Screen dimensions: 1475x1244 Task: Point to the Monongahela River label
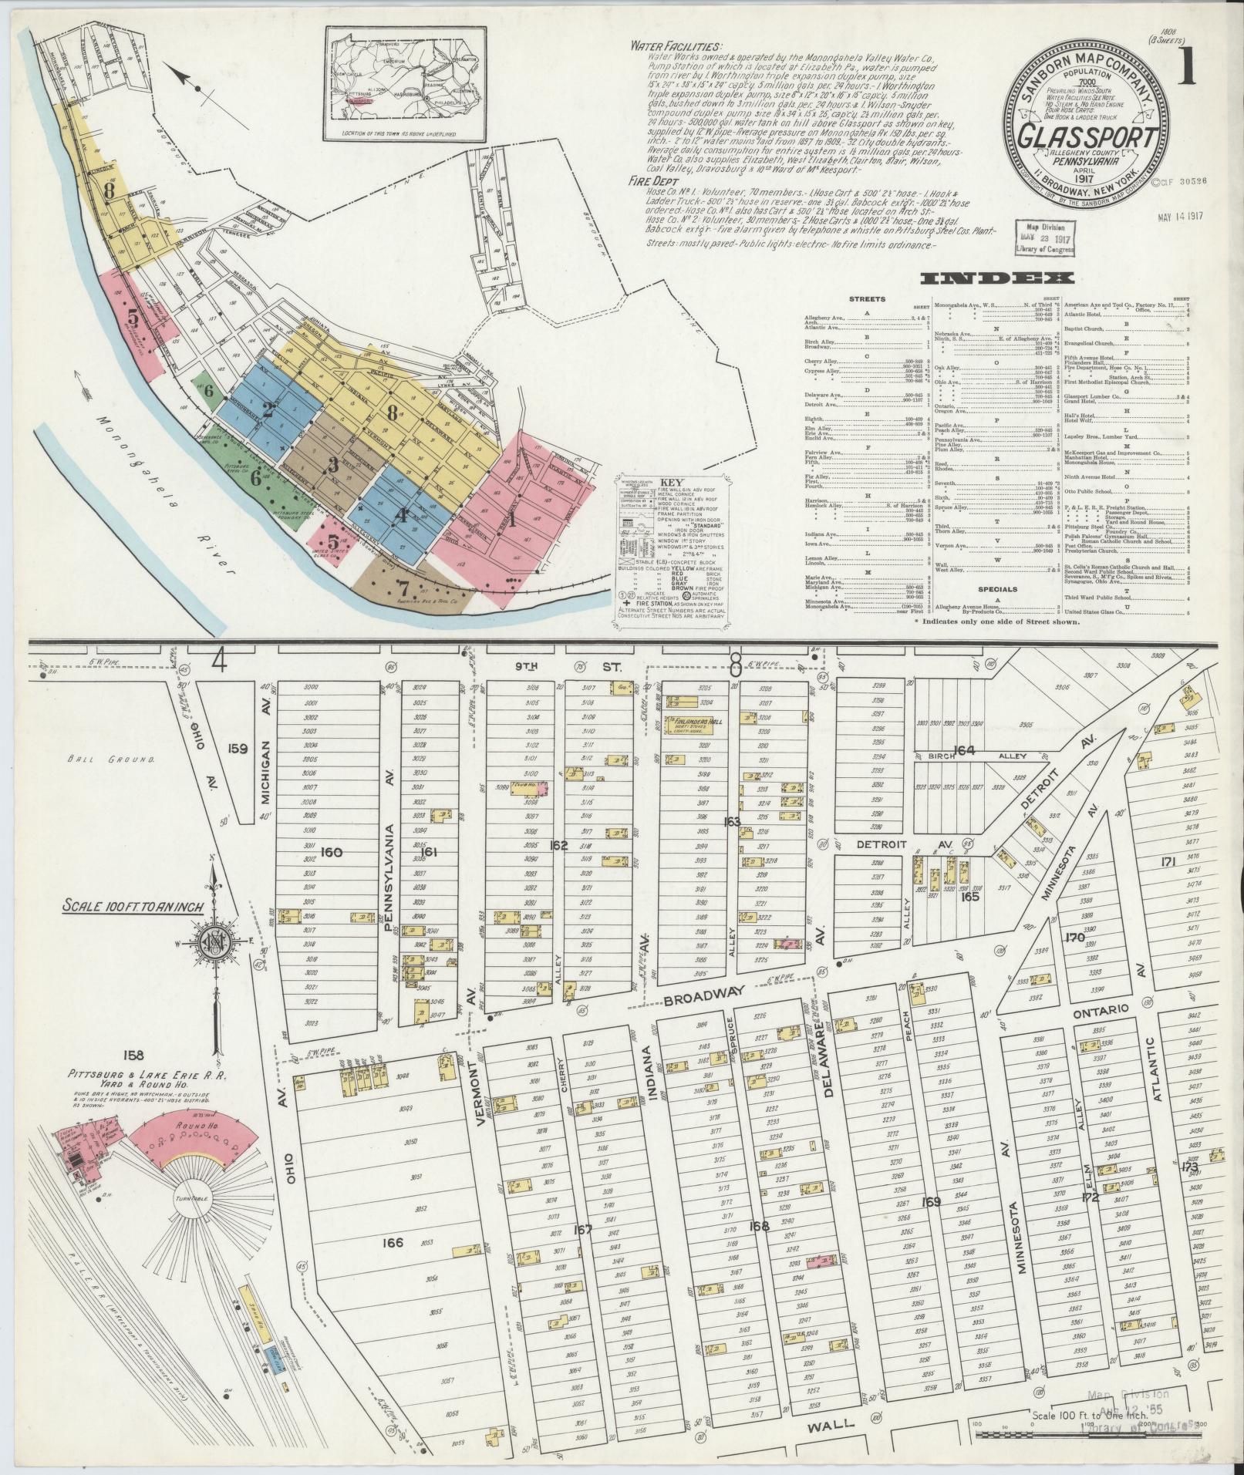(x=162, y=494)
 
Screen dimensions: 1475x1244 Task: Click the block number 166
(x=392, y=1265)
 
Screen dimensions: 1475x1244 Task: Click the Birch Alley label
(x=979, y=756)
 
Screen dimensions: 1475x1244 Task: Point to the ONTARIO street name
(x=1109, y=1009)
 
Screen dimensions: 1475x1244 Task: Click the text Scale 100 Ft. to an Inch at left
(x=133, y=907)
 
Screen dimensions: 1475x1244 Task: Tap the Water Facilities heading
(x=676, y=46)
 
